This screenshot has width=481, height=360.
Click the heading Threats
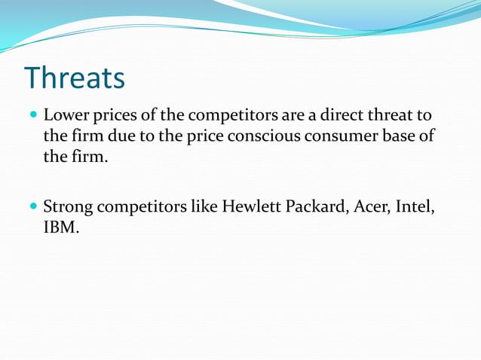tap(74, 78)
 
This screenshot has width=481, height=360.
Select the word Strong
tap(66, 206)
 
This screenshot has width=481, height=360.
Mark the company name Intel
tap(417, 206)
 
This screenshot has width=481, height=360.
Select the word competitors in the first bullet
tap(227, 117)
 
